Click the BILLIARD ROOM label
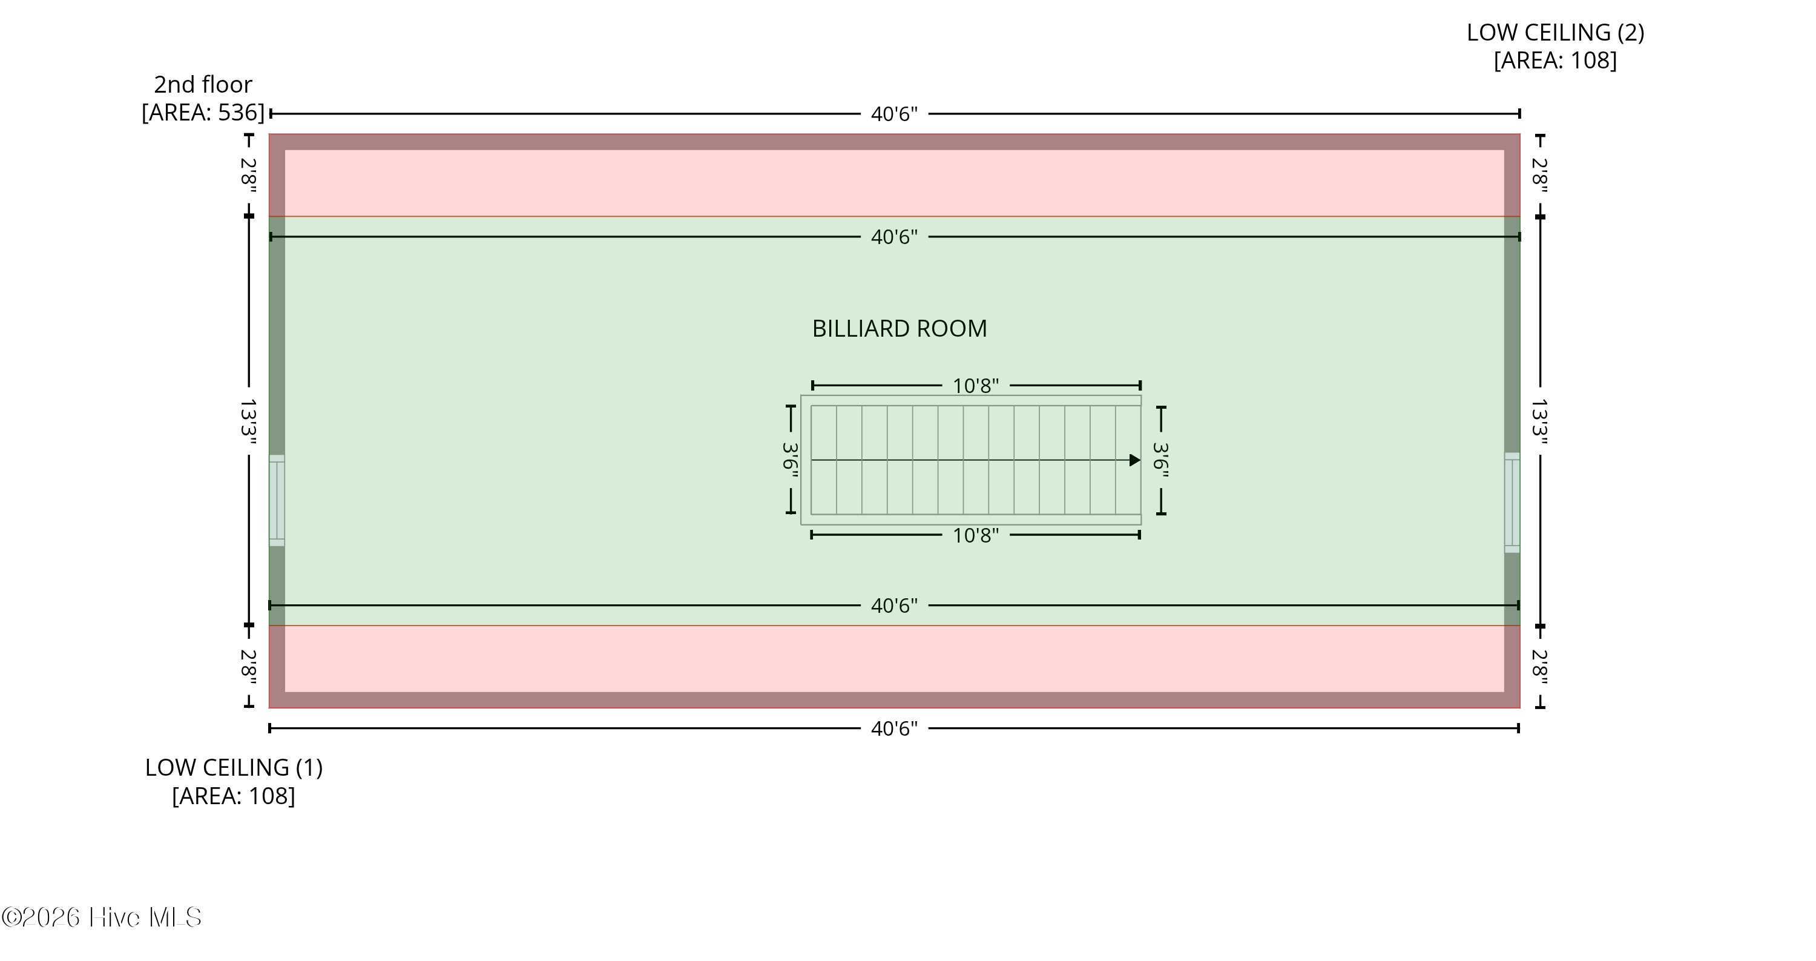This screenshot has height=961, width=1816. coord(900,329)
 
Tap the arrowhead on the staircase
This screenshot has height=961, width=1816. coord(1135,460)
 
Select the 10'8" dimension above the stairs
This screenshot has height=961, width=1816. coord(976,386)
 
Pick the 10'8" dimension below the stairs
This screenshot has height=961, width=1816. coord(976,536)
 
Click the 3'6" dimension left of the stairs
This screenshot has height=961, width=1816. coord(791,460)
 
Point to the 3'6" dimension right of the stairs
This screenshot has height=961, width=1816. coord(1160,460)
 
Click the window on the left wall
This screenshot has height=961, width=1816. coord(277,501)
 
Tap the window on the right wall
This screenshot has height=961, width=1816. coord(1512,503)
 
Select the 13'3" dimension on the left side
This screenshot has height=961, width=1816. coord(248,421)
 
